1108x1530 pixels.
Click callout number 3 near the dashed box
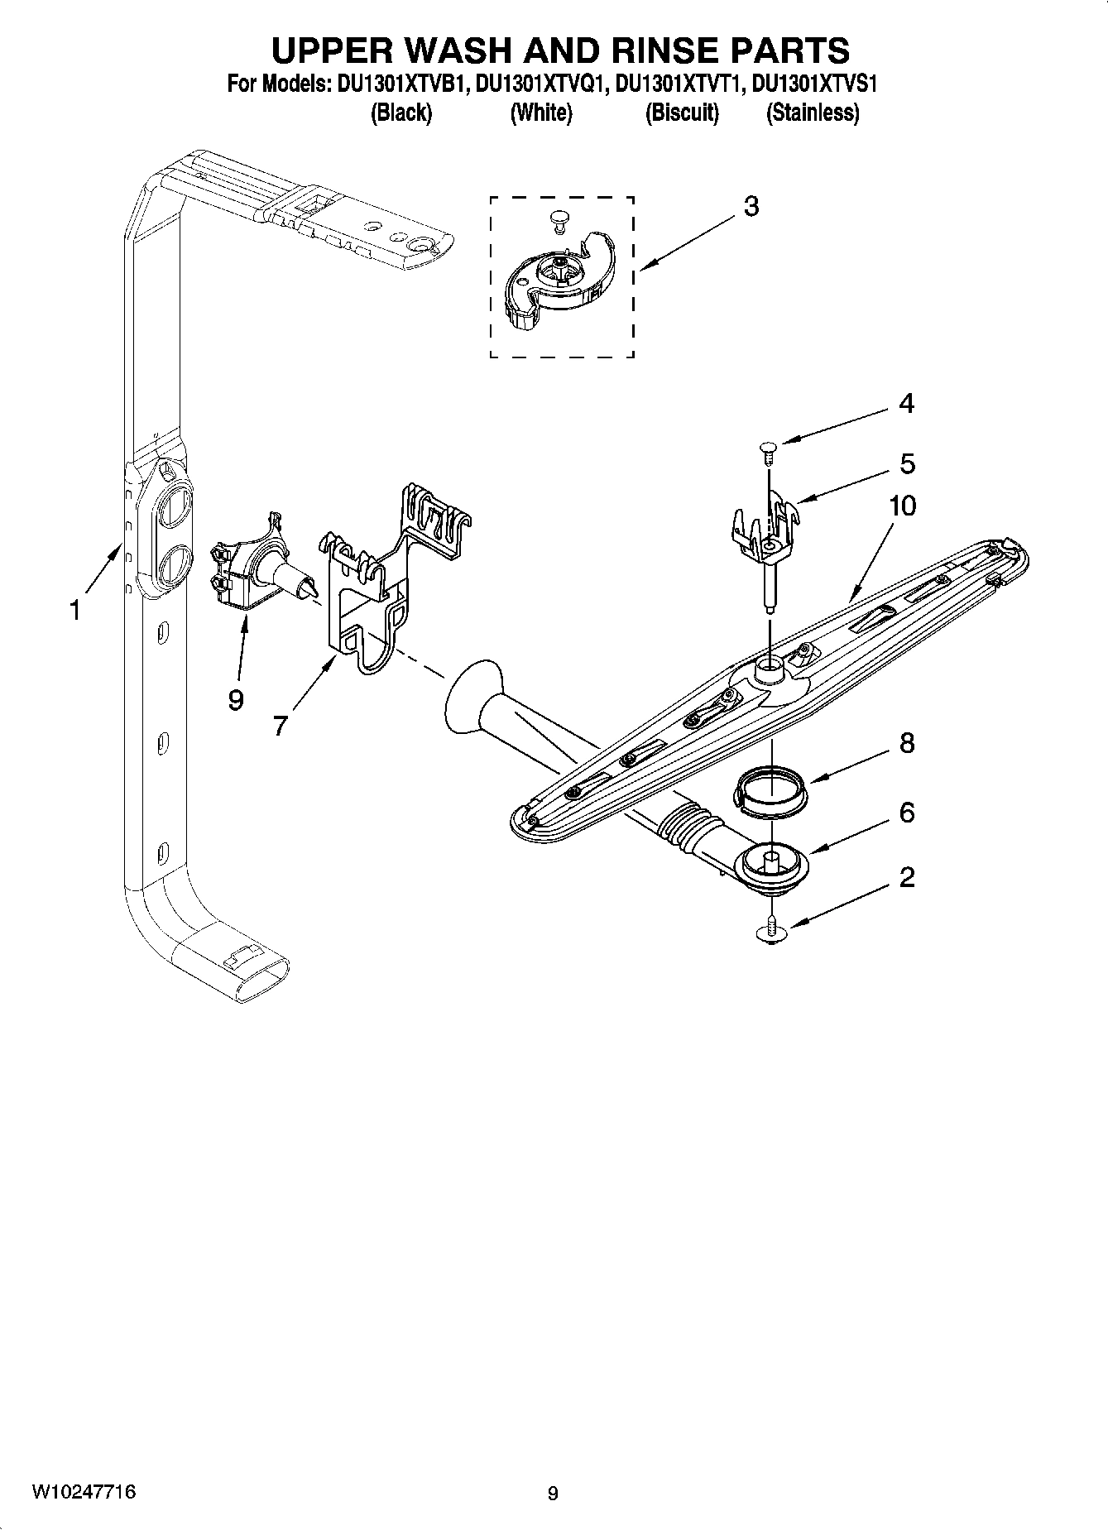(751, 207)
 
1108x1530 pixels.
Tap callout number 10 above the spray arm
(902, 506)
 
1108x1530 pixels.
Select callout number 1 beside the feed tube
(75, 612)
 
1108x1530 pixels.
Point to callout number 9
(236, 700)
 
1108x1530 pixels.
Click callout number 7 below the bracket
(280, 726)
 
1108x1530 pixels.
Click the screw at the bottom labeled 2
(771, 933)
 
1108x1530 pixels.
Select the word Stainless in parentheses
(813, 113)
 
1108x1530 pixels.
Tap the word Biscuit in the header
(682, 113)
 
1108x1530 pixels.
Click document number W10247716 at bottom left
(84, 1492)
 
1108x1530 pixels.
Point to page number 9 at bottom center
(553, 1493)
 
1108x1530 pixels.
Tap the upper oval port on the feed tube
(176, 506)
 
